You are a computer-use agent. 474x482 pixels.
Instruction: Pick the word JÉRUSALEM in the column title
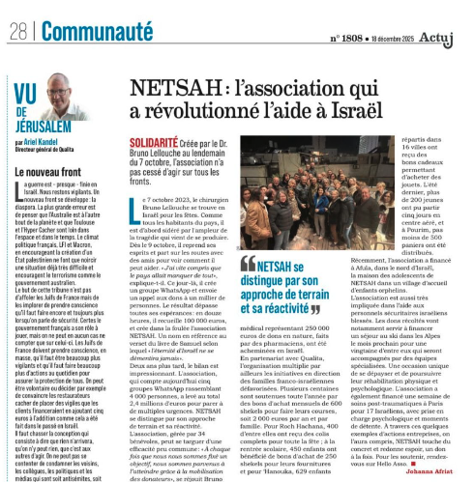point(46,128)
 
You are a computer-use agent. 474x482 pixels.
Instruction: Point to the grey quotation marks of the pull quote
point(248,263)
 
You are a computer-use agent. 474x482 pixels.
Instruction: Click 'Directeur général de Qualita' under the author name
point(49,151)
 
